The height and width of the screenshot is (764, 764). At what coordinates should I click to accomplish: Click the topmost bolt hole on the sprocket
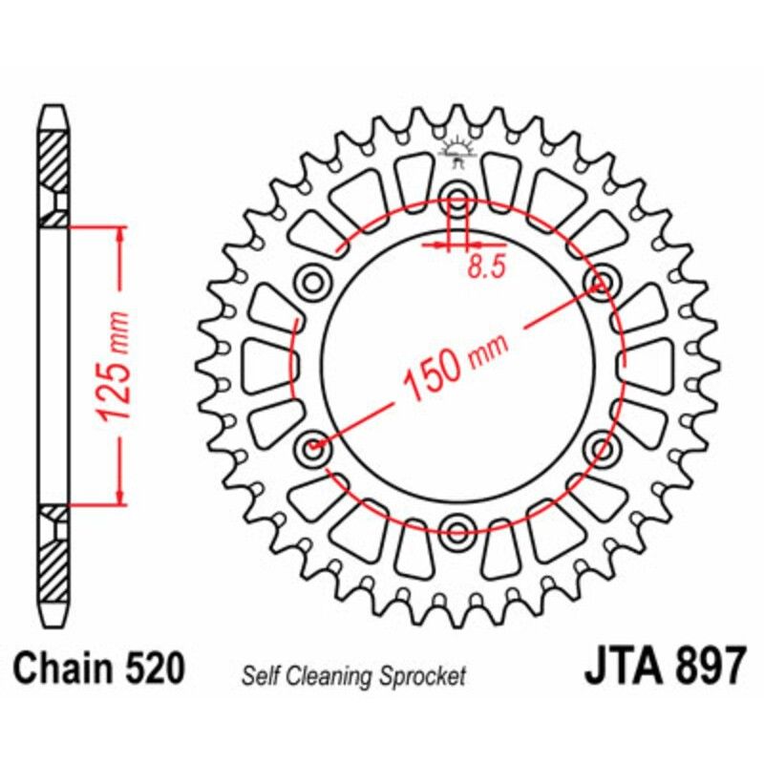(x=457, y=202)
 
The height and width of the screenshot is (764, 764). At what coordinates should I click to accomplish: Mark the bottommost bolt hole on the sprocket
(x=457, y=528)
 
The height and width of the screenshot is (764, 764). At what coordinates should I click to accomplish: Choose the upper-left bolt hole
(x=312, y=283)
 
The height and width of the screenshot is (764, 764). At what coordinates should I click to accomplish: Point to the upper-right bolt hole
(x=602, y=283)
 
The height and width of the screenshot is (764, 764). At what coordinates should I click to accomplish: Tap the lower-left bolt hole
(x=312, y=447)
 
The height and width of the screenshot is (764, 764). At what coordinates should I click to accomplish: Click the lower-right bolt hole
(x=602, y=447)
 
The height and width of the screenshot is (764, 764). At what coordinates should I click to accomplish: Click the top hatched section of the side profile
(x=54, y=158)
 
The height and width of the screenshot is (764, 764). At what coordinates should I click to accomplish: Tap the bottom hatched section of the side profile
(x=54, y=563)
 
